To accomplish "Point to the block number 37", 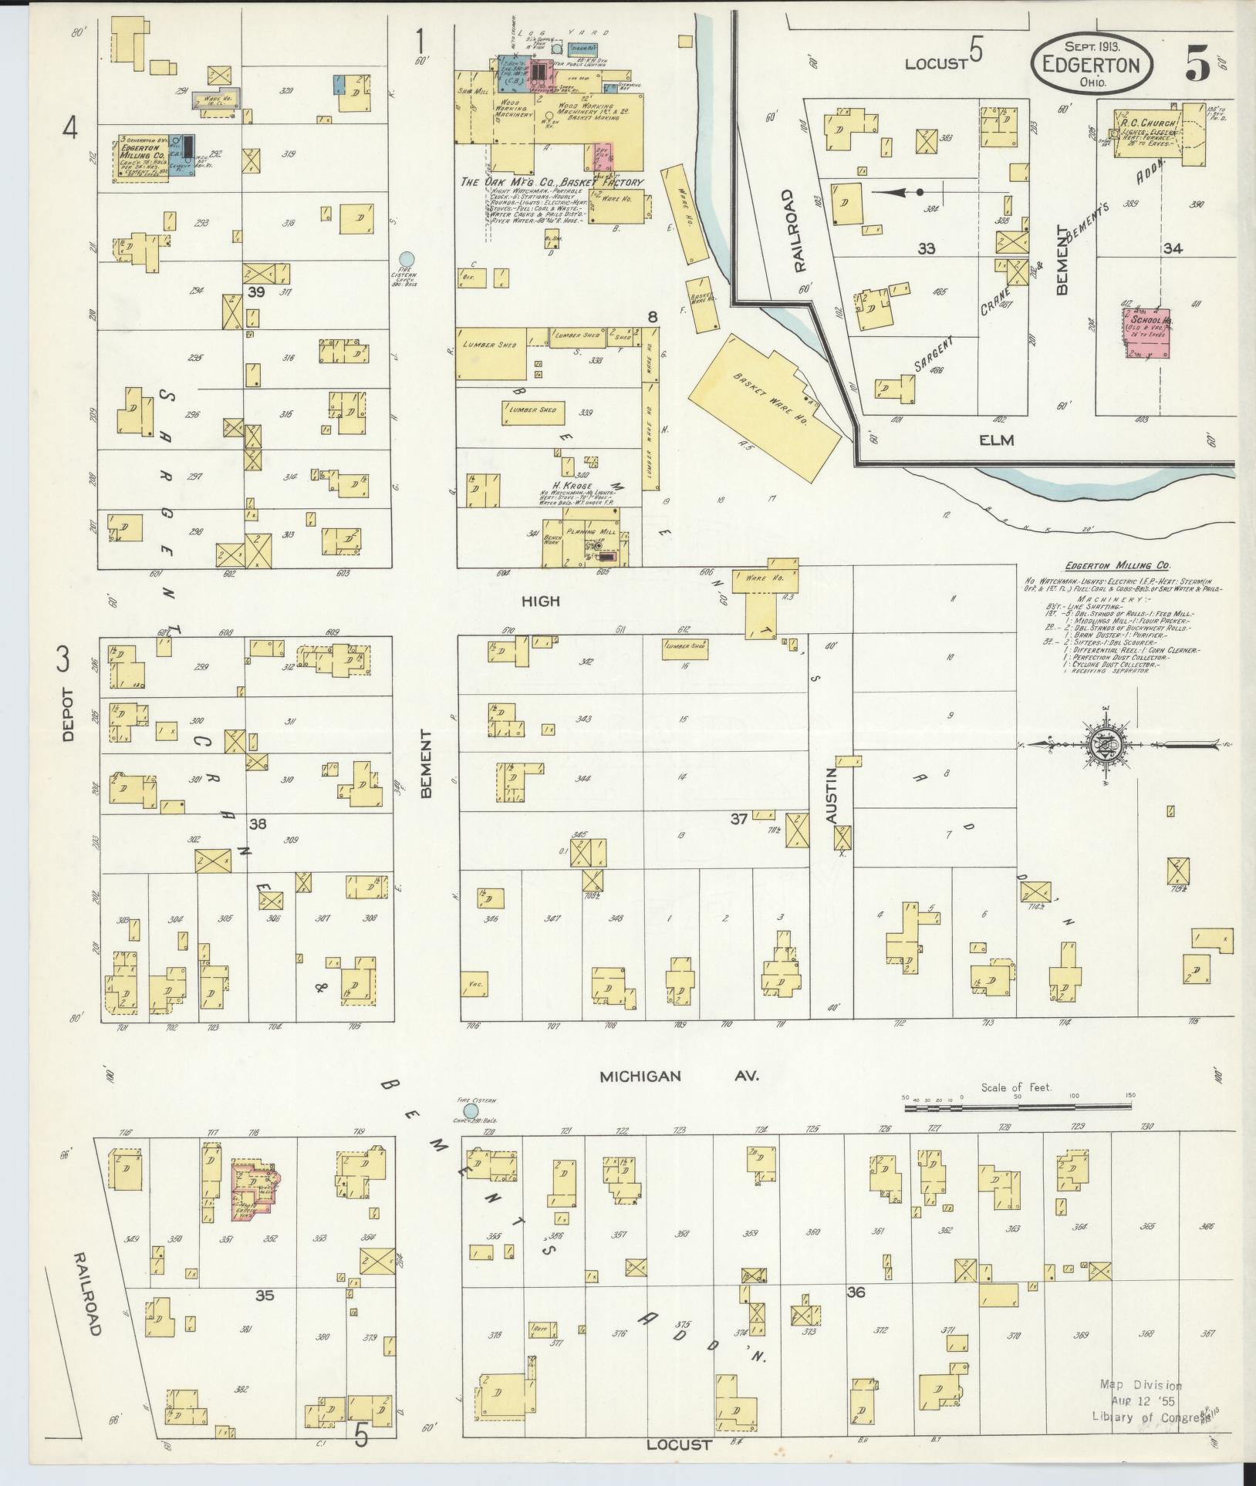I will coord(739,819).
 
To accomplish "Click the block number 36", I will coord(855,1292).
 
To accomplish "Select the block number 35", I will coord(265,1295).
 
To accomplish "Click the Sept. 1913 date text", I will coord(1092,46).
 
